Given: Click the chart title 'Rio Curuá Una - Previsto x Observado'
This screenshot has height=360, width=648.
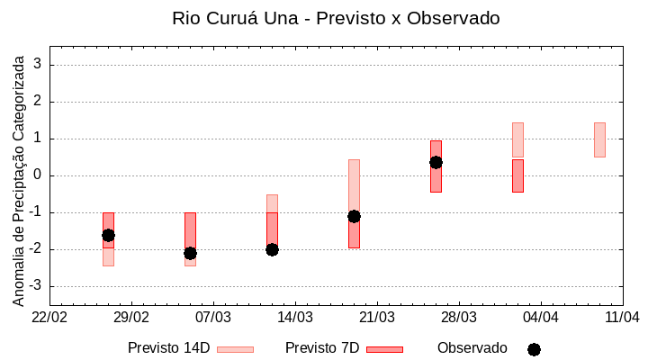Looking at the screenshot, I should [336, 18].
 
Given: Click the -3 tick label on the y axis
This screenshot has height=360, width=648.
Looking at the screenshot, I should [37, 286].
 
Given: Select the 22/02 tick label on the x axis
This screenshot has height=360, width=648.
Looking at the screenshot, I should [50, 317].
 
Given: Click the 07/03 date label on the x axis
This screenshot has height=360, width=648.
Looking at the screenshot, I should [213, 317].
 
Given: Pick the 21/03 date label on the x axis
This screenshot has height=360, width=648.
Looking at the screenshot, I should [377, 317].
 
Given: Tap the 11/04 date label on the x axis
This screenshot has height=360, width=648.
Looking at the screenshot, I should [622, 317].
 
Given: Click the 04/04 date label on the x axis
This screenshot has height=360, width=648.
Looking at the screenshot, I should [540, 317].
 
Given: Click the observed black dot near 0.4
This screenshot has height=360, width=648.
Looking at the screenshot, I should [436, 162].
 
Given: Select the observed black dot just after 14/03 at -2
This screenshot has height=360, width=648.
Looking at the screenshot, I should [272, 249].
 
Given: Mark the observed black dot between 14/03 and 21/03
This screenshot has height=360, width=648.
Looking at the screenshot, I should [354, 216].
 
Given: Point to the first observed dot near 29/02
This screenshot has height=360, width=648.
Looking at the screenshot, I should [108, 235].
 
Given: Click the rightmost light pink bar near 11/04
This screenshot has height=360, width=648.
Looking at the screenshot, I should [599, 139].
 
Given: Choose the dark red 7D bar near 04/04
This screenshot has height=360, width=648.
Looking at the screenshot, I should [517, 175].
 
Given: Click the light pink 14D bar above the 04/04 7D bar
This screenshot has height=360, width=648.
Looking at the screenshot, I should [517, 139].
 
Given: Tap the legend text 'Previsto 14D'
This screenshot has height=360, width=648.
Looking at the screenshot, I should [168, 348].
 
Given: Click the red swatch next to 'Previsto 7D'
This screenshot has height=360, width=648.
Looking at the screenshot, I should [384, 349].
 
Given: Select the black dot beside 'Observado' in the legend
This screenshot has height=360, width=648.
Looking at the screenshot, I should [534, 349].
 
